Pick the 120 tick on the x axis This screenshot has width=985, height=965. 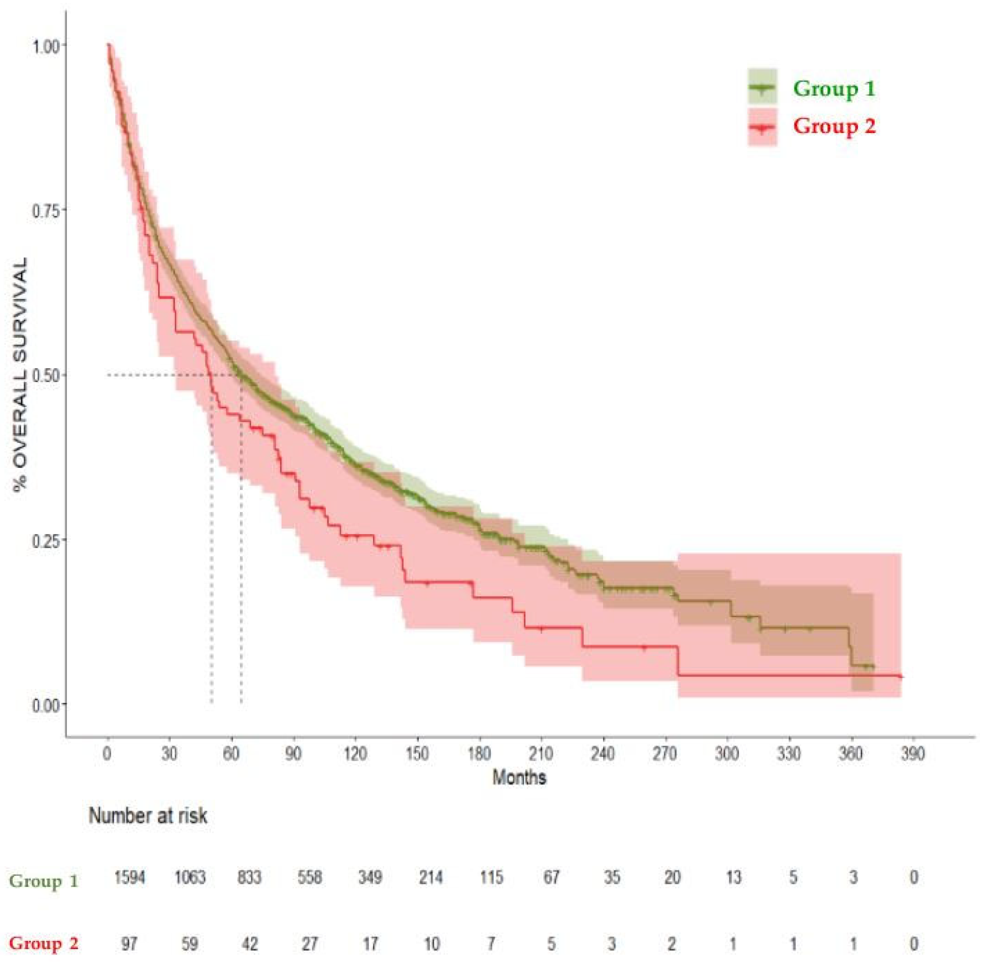click(355, 755)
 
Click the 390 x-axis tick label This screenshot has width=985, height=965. click(913, 755)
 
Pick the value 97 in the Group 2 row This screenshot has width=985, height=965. click(129, 944)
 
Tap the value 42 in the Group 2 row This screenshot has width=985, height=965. click(250, 944)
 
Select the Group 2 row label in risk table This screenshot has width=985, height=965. click(44, 944)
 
